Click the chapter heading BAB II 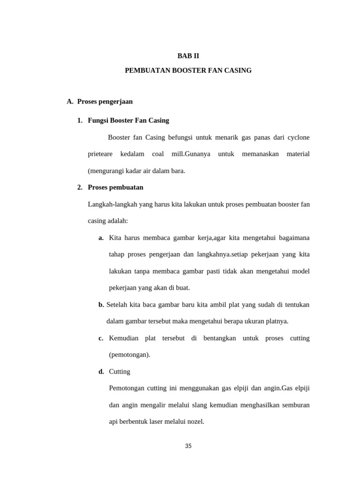click(188, 56)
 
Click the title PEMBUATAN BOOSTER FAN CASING click(188, 70)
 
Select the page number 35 click(188, 446)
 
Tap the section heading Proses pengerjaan click(105, 101)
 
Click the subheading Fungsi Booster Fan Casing click(128, 120)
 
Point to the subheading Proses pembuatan click(115, 187)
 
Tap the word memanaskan click(260, 154)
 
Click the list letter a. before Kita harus click(101, 238)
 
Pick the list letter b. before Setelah click(101, 305)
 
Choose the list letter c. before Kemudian click(101, 338)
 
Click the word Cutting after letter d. click(120, 372)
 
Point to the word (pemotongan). click(129, 355)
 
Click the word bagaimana click(294, 238)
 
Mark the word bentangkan click(219, 338)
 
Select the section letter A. click(70, 101)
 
